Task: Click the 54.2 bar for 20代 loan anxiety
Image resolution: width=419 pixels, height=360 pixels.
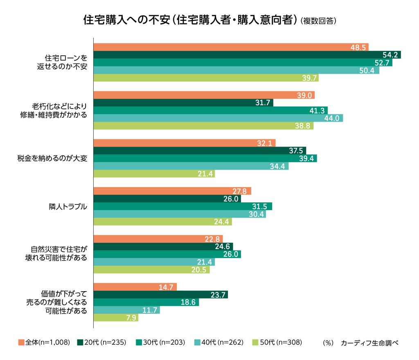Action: click(x=247, y=55)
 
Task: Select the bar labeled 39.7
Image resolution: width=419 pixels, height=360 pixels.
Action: click(x=206, y=78)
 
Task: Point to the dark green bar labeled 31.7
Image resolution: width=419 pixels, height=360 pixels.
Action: click(x=183, y=103)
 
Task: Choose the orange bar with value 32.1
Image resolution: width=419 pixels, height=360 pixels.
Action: click(x=185, y=143)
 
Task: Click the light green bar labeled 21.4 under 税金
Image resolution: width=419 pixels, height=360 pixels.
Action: click(x=154, y=174)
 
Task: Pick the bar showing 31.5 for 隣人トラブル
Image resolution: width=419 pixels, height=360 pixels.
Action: click(x=183, y=206)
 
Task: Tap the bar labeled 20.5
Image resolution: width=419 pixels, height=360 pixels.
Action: click(x=151, y=270)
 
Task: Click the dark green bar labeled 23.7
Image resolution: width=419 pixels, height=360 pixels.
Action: click(x=160, y=295)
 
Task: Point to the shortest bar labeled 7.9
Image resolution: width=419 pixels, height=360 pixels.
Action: click(x=116, y=318)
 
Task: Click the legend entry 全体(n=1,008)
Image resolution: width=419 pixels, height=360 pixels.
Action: click(x=44, y=342)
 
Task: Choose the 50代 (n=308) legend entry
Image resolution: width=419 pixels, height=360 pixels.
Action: click(x=278, y=342)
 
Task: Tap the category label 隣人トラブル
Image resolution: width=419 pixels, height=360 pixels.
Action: click(x=68, y=206)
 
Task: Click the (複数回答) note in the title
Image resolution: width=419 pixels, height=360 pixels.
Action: click(x=318, y=21)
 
